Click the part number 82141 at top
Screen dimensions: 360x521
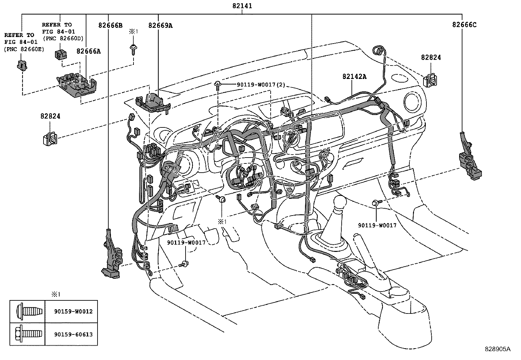(242, 6)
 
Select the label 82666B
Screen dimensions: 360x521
(110, 25)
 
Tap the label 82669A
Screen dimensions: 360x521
(160, 25)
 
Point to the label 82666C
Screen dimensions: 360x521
(465, 25)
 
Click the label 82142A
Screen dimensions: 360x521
(354, 76)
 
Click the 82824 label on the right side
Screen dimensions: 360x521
(431, 57)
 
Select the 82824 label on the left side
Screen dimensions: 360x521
(50, 116)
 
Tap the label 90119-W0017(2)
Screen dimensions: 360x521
(261, 85)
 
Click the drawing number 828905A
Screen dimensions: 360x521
(497, 349)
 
